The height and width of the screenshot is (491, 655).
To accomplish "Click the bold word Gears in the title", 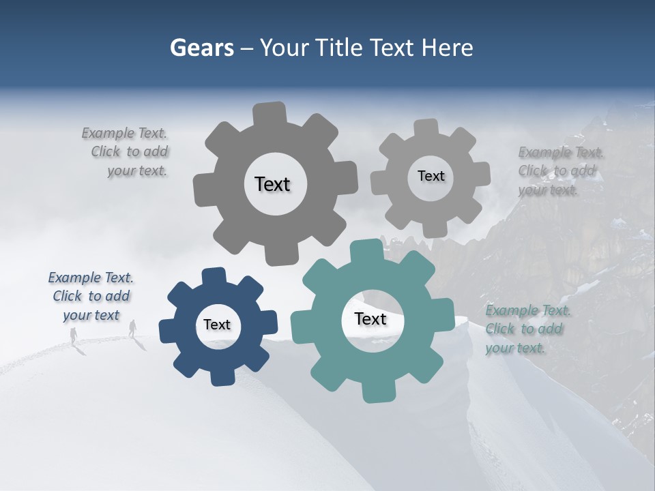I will coord(201,48).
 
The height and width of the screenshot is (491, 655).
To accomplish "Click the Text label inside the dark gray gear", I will coord(272,184).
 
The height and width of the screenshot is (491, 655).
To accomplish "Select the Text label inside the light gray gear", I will coord(431,176).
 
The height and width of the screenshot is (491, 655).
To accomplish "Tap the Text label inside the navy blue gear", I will coord(217,325).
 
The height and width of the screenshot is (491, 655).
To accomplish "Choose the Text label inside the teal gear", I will coord(370,319).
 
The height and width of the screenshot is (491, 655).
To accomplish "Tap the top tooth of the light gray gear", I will coord(426,128).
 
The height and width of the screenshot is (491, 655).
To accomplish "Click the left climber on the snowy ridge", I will coord(73,335).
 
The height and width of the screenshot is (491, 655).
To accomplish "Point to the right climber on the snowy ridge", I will coord(132,328).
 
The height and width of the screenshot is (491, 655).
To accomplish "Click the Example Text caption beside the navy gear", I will coord(91,297).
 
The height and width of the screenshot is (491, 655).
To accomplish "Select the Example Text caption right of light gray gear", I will coord(560,171).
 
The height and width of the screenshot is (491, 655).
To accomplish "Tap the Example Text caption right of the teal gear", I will coord(527,329).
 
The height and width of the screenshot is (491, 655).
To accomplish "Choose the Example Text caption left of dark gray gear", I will coord(126,152).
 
